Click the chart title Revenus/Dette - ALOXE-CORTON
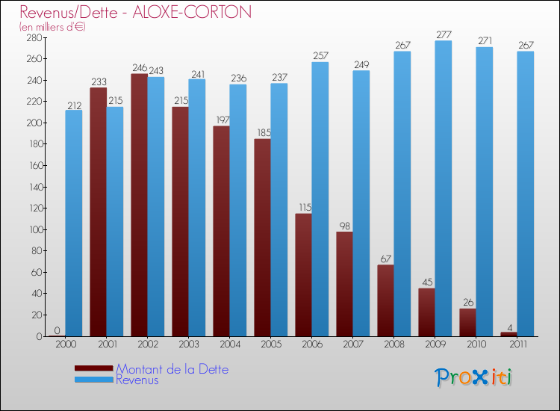coord(136,12)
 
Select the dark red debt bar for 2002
coord(139,205)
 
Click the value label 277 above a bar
coord(444,34)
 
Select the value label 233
coord(98,82)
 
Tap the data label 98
coord(344,226)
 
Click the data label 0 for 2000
coord(57,330)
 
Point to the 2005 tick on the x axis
coord(270,345)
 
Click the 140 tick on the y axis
coord(35,187)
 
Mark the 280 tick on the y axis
coord(35,37)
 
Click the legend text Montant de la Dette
coord(172,369)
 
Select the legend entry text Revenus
coord(137,380)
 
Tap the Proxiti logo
coord(473,377)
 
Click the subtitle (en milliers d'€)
coord(53,27)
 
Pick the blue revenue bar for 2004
coord(238,210)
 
